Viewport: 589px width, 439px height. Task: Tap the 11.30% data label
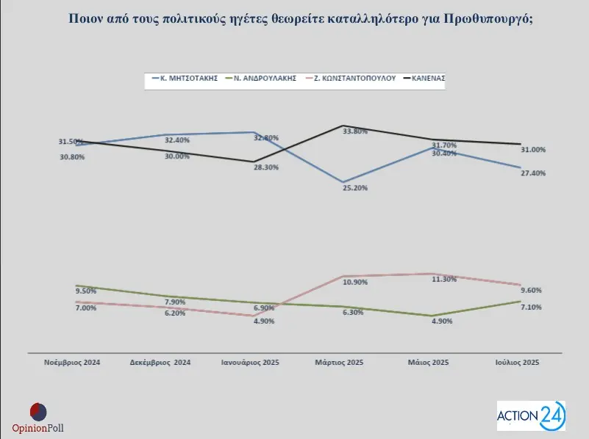[x=443, y=279]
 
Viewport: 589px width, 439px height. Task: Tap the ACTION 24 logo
[x=531, y=416]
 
